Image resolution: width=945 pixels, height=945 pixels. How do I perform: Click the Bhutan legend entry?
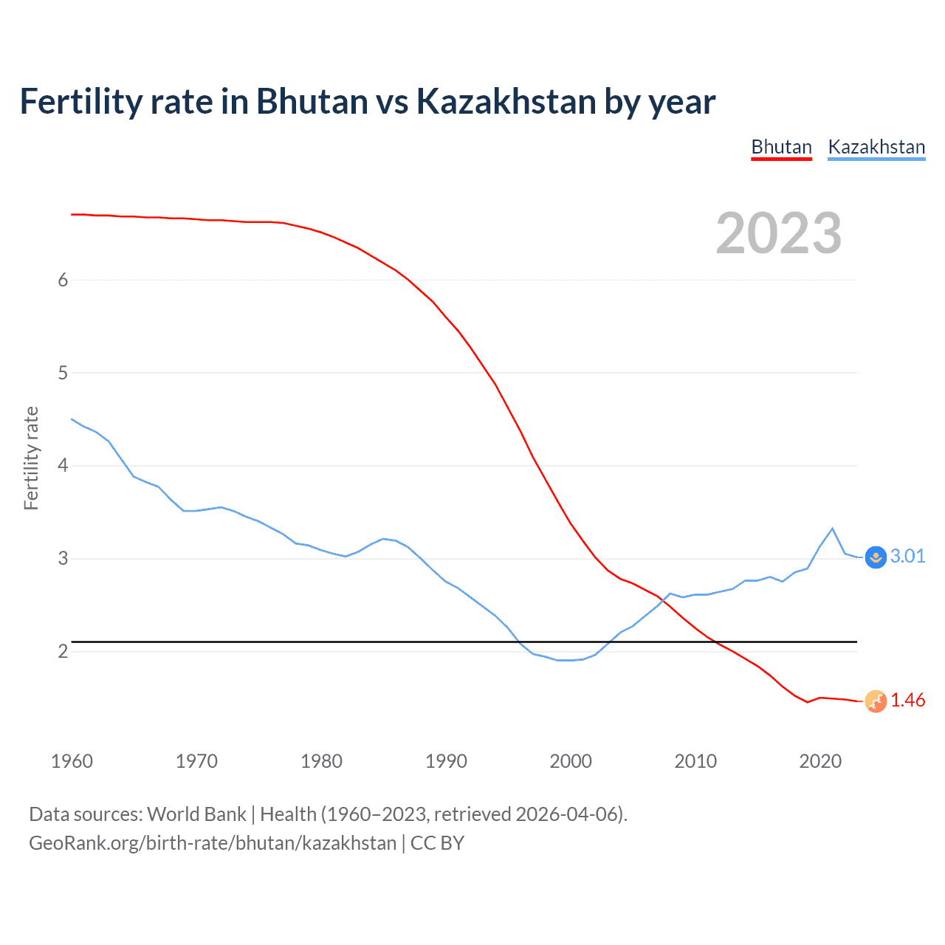pyautogui.click(x=781, y=147)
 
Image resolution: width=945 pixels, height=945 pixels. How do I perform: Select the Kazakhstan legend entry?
pyautogui.click(x=876, y=147)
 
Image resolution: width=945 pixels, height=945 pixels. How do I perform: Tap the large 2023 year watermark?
pyautogui.click(x=778, y=233)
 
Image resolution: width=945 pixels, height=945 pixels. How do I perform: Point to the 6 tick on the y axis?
pyautogui.click(x=63, y=280)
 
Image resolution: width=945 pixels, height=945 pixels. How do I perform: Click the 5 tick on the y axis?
pyautogui.click(x=63, y=373)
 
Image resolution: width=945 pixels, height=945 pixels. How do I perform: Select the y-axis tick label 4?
pyautogui.click(x=63, y=465)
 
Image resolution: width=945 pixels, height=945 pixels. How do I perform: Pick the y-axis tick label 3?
pyautogui.click(x=63, y=558)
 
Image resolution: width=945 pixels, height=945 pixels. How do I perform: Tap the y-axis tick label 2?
pyautogui.click(x=63, y=651)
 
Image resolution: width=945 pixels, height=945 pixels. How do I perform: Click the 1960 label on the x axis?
pyautogui.click(x=72, y=761)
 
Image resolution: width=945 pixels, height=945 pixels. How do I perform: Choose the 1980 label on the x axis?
pyautogui.click(x=321, y=761)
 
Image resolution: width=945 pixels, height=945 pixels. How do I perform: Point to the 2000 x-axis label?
pyautogui.click(x=571, y=761)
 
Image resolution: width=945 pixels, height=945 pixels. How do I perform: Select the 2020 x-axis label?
pyautogui.click(x=820, y=761)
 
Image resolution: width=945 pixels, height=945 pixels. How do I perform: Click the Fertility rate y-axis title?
pyautogui.click(x=31, y=458)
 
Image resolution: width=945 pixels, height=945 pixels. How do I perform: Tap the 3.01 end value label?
pyautogui.click(x=907, y=556)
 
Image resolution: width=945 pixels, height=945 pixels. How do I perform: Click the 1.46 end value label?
pyautogui.click(x=907, y=700)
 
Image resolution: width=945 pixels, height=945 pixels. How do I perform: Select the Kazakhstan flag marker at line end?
pyautogui.click(x=876, y=557)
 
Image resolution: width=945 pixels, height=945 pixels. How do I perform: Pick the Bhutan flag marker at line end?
pyautogui.click(x=876, y=701)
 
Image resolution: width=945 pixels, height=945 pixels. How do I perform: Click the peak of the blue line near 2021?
pyautogui.click(x=833, y=529)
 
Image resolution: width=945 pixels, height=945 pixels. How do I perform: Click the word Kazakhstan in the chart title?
pyautogui.click(x=506, y=101)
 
